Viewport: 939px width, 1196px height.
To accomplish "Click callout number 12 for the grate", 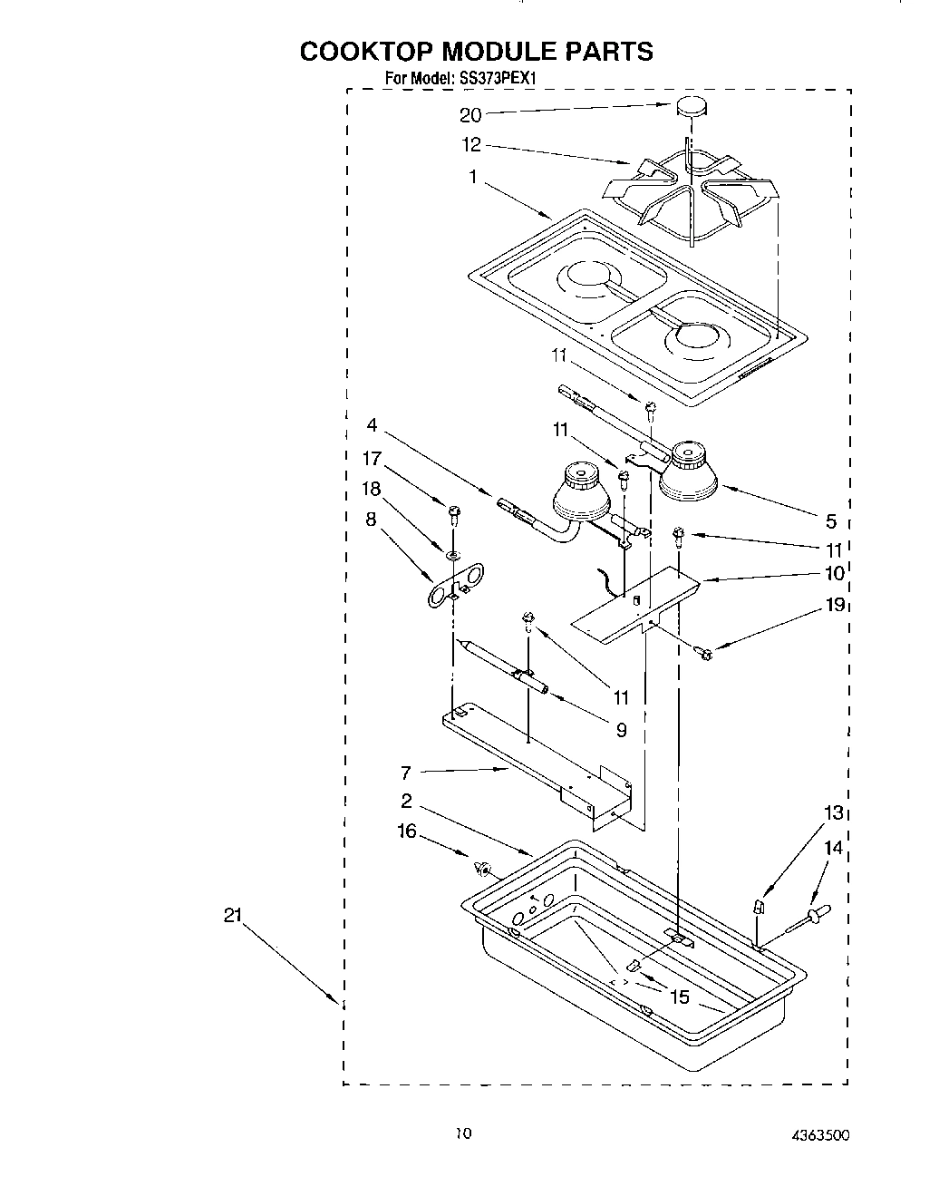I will click(471, 144).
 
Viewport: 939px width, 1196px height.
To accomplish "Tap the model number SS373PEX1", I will click(499, 79).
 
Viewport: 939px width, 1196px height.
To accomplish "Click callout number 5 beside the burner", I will click(830, 520).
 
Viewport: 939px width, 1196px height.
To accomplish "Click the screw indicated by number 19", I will click(704, 650).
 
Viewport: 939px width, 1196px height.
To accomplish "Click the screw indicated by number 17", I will click(450, 517).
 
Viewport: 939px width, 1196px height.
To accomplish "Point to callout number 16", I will click(407, 830).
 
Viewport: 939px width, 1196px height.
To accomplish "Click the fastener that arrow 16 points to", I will click(481, 869).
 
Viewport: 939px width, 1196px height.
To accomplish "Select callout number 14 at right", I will click(833, 848).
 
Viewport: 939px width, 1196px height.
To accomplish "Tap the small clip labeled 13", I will click(760, 906).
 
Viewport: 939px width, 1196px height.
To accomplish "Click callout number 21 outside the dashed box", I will click(232, 916).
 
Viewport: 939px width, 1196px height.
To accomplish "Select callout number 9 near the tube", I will click(620, 728).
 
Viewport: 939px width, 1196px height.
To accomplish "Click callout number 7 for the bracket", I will click(406, 773).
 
